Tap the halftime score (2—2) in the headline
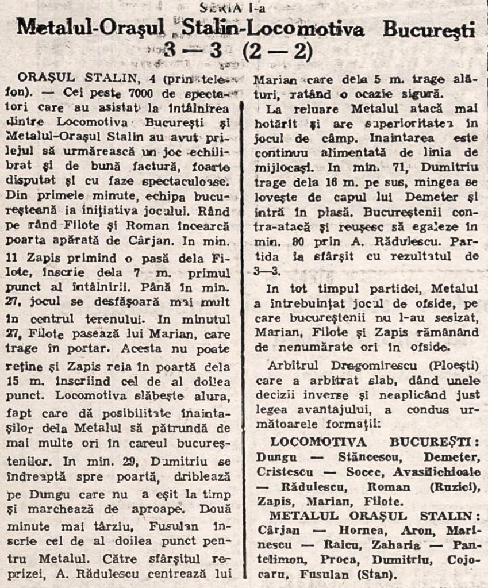[x=277, y=52]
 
